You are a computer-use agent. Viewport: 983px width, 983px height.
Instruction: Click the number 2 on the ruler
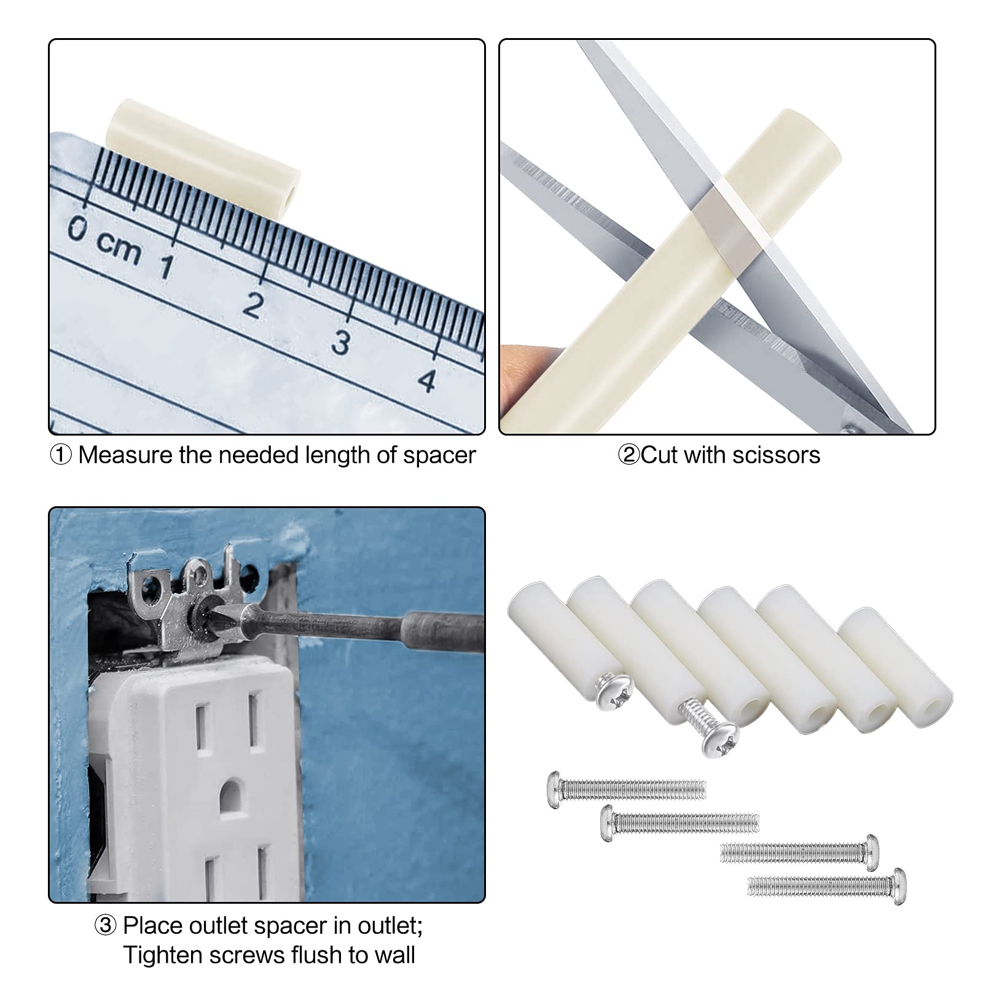252,305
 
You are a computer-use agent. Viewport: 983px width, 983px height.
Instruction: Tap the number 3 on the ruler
341,342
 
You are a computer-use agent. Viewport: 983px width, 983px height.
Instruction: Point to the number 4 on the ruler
427,380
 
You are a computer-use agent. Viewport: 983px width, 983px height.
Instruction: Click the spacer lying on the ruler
203,156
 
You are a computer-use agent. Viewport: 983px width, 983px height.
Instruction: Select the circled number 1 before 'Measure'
60,455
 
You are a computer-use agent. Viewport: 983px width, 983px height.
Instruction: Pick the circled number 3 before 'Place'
105,925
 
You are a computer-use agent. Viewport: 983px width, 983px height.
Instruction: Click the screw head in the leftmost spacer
613,691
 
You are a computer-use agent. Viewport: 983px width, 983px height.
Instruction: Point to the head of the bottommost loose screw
898,885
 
